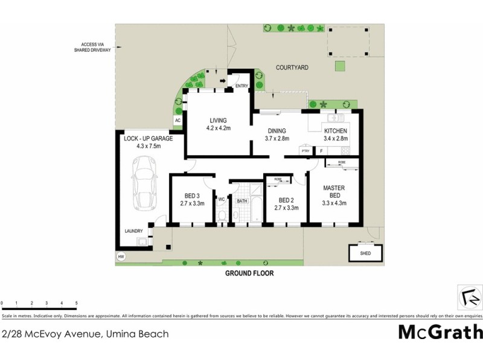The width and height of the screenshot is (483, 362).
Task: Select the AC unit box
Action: tap(178, 121)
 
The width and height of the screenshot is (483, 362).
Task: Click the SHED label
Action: tap(365, 253)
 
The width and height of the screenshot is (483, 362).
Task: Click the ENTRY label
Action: tap(241, 86)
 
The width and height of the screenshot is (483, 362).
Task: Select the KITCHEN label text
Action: tap(336, 131)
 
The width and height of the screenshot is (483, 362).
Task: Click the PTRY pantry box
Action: tap(305, 151)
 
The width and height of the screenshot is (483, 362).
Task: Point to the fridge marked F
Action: tap(321, 151)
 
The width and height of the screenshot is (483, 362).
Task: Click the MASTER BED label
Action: tap(333, 192)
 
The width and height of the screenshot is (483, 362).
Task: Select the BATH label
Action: tap(242, 201)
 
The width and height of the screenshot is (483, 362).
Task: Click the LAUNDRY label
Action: tap(133, 231)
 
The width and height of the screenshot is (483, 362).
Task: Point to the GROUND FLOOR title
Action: tap(249, 273)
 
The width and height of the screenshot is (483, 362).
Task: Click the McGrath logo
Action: tap(440, 332)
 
